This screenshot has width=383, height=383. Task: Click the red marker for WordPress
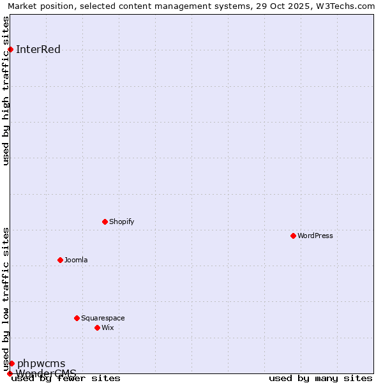293,236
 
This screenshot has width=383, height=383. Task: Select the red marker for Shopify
105,222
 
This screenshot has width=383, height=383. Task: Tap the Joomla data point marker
60,260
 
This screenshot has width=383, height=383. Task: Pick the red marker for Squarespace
77,318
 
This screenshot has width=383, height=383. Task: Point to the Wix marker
97,327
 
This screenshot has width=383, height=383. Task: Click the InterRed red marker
10,50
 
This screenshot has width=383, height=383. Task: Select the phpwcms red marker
11,363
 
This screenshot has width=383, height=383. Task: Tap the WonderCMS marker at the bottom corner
10,373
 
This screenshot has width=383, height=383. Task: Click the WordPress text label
315,236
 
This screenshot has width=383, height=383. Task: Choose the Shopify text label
121,222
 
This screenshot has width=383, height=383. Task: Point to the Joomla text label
76,260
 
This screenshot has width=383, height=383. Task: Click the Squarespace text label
103,318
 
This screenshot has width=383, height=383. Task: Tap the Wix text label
107,327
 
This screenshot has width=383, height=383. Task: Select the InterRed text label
38,50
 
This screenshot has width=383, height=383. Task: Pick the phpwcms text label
41,364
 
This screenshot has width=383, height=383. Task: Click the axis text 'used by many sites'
320,378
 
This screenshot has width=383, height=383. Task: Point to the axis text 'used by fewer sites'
66,378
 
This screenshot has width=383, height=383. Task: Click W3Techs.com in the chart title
347,6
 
